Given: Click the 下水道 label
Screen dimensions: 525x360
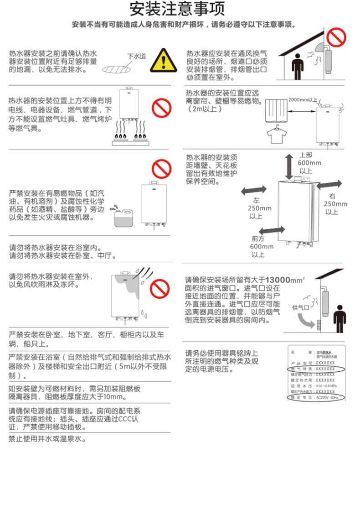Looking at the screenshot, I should click(x=136, y=56).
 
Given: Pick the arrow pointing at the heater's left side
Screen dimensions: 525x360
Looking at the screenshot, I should click(x=253, y=190).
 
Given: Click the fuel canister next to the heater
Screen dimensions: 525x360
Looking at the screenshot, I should click(x=123, y=217).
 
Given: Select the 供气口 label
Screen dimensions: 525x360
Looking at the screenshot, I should click(x=300, y=307).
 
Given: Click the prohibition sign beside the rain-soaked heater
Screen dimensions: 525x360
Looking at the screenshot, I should click(x=159, y=288).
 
